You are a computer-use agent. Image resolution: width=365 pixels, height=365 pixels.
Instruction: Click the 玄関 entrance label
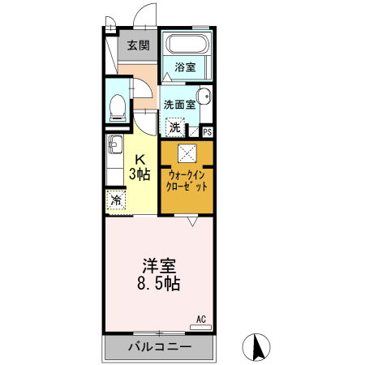point(138,46)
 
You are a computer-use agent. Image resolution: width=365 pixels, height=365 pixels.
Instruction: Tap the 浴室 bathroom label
point(186,68)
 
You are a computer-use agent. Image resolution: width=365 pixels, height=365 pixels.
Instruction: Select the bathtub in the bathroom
point(186,45)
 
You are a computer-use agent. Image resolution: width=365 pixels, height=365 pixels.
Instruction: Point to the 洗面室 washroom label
point(178,104)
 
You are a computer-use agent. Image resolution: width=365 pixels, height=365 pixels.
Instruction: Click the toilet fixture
point(118,105)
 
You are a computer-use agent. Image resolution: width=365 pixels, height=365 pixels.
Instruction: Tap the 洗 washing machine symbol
point(174,127)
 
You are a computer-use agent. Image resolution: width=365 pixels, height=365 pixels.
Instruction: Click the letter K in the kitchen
point(140,159)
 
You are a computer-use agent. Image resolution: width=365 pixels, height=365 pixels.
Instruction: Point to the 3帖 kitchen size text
point(140,174)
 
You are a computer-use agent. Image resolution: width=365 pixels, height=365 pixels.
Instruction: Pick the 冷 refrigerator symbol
point(116,200)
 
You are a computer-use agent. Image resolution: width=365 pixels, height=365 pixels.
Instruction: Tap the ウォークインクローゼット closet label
point(187,179)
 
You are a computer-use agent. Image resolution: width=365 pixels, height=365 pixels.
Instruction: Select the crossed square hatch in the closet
point(187,152)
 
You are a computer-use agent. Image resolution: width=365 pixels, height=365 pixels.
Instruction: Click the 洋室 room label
point(160,267)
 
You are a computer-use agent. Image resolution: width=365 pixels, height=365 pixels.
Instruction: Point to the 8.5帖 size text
point(160,285)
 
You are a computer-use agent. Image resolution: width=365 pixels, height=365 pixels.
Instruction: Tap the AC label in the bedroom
point(202,319)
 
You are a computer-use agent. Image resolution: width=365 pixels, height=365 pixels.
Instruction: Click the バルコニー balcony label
point(160,348)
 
